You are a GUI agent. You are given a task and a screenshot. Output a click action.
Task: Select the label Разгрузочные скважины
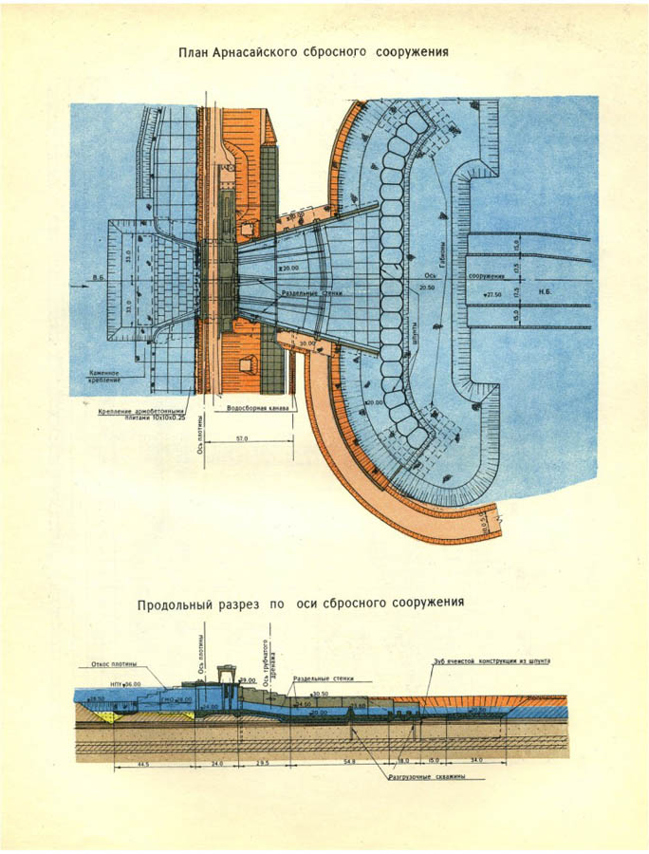435,776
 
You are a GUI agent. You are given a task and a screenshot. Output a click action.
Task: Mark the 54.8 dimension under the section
348,762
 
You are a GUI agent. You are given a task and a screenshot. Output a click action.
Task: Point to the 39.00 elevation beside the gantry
248,681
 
